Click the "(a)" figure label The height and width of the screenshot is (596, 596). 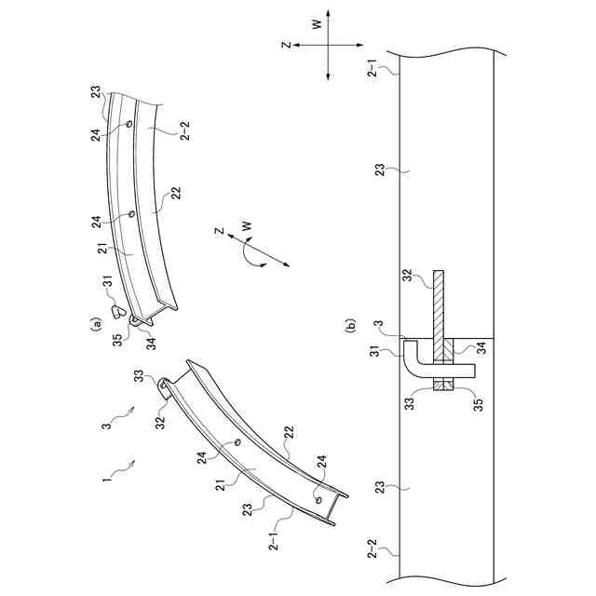pyautogui.click(x=96, y=325)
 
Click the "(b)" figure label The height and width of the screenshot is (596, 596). pyautogui.click(x=351, y=325)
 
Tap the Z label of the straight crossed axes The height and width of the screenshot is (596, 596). pyautogui.click(x=289, y=44)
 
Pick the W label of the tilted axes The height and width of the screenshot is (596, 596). pyautogui.click(x=246, y=224)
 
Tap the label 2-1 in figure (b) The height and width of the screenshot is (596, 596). pyautogui.click(x=374, y=68)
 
